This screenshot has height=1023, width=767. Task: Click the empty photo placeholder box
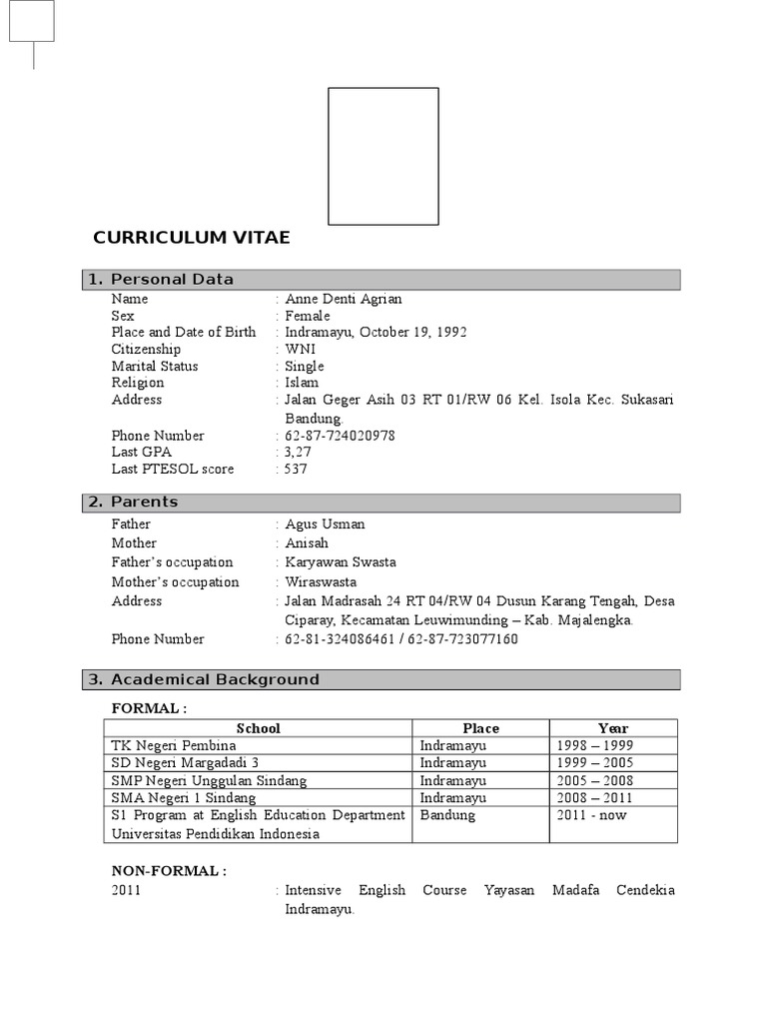[383, 156]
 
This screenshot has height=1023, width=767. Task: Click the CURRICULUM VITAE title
[192, 238]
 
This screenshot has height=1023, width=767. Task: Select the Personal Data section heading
[172, 280]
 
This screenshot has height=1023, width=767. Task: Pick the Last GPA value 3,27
[299, 452]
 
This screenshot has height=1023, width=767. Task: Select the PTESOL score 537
[297, 469]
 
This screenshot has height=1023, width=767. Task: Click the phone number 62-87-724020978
[340, 436]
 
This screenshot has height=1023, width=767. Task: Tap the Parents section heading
[144, 502]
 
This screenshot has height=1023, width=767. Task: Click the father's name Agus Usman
[325, 523]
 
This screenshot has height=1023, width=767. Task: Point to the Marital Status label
[155, 366]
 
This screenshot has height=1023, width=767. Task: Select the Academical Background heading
[215, 679]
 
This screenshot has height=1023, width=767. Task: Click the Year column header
[613, 728]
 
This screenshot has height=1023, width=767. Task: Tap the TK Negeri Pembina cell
[174, 745]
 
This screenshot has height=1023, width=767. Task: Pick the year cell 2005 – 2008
[595, 780]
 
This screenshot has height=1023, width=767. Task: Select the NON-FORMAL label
[169, 871]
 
